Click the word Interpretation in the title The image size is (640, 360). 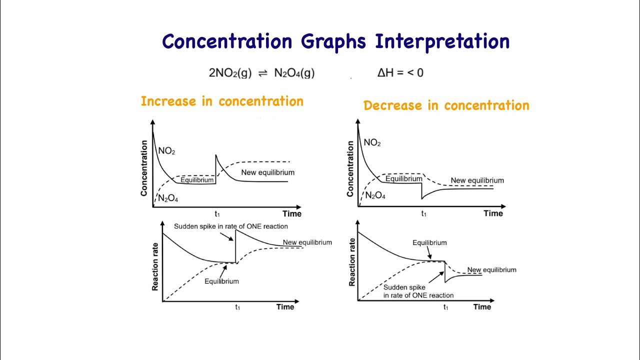coord(442,42)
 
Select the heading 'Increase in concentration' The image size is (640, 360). coord(222,101)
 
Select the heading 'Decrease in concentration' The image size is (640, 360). coord(446,106)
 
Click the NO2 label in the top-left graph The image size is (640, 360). coord(166,150)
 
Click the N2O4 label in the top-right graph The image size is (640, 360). coord(375,195)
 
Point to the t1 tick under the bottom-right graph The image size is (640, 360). coord(445,307)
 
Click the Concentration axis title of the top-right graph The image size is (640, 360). coord(350,168)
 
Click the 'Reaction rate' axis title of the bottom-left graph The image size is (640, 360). coord(155,265)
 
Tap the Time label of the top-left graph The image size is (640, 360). coord(292,214)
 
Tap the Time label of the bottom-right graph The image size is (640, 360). coord(482,307)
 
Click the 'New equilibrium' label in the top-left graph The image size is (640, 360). coord(267,172)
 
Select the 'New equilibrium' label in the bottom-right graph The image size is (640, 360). coord(491,270)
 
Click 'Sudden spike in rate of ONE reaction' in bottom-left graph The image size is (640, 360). coord(230,226)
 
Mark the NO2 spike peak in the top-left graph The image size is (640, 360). coord(216,155)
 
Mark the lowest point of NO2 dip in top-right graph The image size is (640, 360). coord(422,199)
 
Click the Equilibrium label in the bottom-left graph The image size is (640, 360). coord(221,281)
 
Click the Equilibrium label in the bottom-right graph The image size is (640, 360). coord(429,243)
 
